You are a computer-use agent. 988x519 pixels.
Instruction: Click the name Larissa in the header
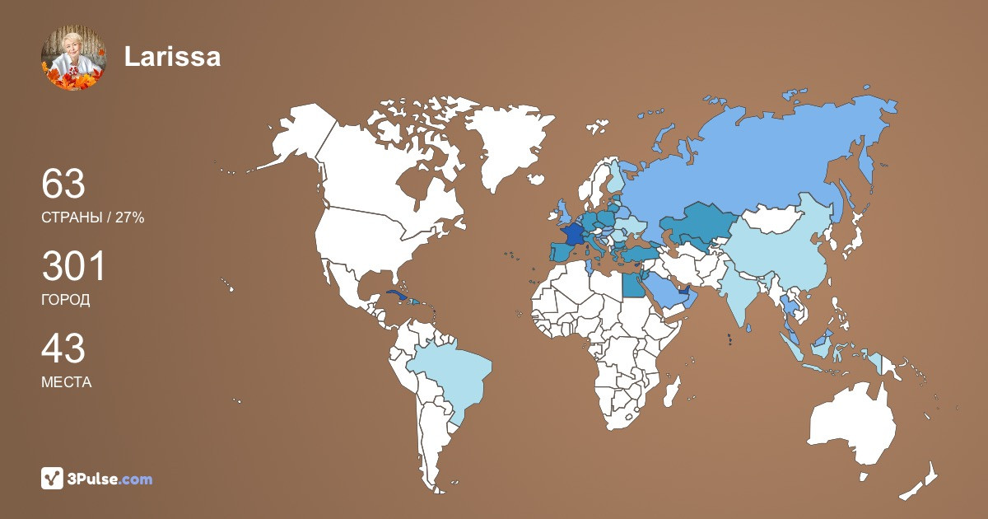[172, 57]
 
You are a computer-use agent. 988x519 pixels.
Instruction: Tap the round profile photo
[73, 57]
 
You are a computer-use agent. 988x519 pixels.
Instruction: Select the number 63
[63, 184]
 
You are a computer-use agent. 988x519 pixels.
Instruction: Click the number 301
[73, 267]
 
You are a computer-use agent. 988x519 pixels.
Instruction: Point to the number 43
[63, 349]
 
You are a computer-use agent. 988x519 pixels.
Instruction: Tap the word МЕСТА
[66, 383]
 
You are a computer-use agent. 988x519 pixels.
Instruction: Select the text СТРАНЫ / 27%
[92, 217]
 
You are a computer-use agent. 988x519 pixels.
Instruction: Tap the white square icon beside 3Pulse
[53, 478]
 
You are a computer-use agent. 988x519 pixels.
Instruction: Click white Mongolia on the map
[778, 218]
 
